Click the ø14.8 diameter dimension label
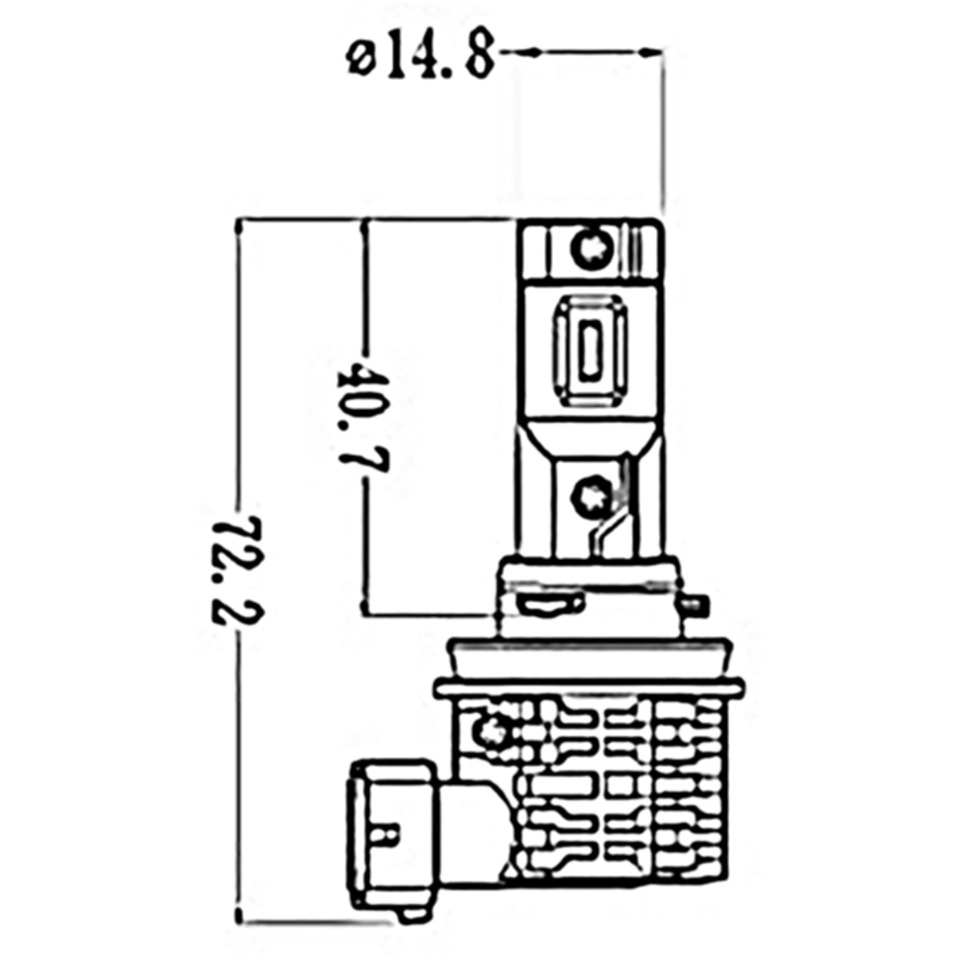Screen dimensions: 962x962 pos(419,58)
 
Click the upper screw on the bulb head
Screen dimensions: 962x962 pos(590,249)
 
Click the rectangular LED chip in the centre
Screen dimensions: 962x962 pos(590,351)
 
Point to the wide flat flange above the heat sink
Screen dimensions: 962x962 pos(589,687)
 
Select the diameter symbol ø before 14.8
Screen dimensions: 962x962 pos(359,59)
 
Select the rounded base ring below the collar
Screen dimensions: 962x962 pos(589,656)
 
